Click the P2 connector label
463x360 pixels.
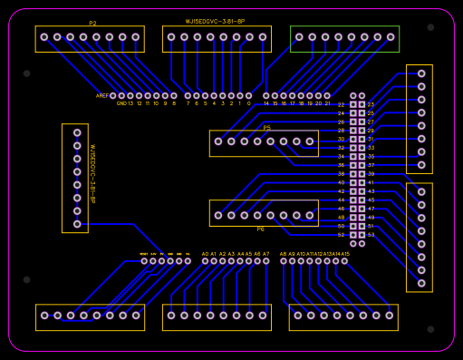[x=92, y=23]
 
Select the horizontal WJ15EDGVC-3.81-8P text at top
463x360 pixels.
[x=216, y=20]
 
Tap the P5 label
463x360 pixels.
[x=267, y=128]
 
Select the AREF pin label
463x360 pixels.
[x=102, y=95]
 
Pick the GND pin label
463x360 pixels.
[x=121, y=103]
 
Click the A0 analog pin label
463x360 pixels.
[x=206, y=254]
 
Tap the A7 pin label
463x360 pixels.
[x=265, y=254]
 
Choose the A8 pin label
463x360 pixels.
[x=284, y=254]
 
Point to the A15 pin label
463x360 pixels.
[x=344, y=254]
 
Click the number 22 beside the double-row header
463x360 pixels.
[x=341, y=105]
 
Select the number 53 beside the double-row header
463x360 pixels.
[x=371, y=235]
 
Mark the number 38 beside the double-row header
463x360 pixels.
[x=341, y=174]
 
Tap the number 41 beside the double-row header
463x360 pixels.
[x=371, y=183]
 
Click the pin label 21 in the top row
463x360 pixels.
[x=327, y=103]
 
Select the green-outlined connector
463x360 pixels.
[x=344, y=38]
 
